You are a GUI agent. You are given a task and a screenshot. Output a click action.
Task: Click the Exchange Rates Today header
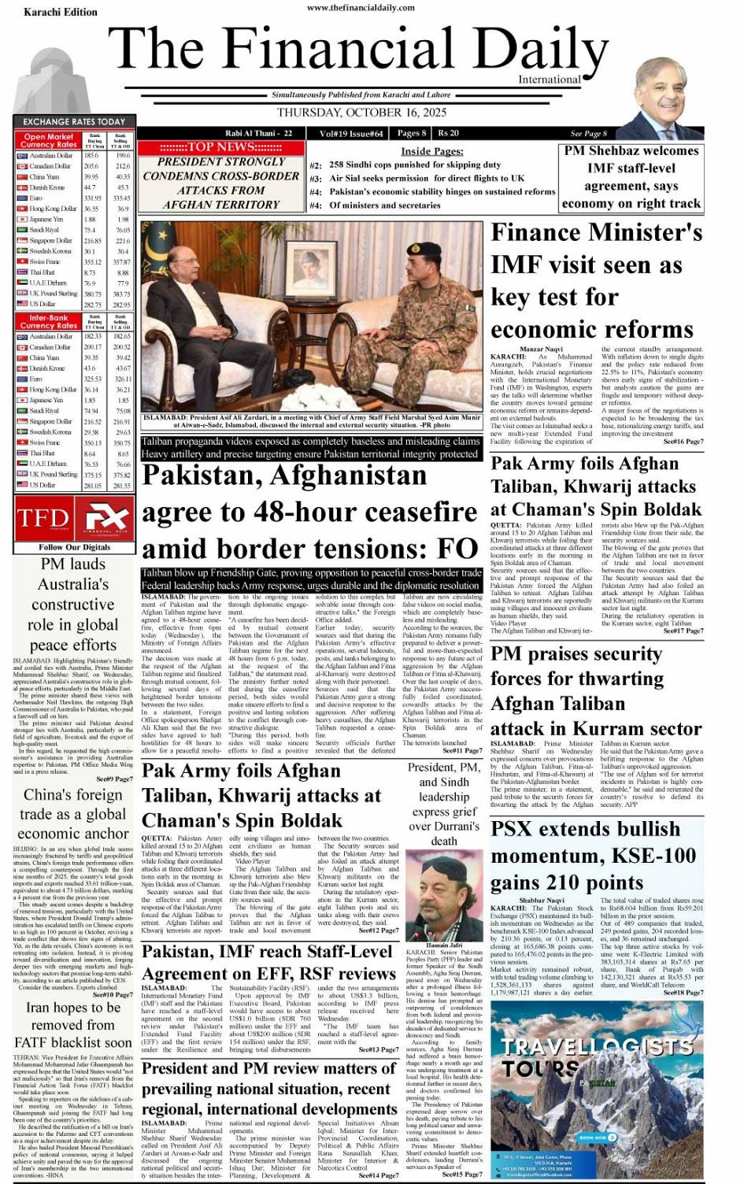(74, 121)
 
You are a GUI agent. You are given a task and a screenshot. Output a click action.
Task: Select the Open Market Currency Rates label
(49, 141)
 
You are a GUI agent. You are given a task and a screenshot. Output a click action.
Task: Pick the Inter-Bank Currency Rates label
(49, 322)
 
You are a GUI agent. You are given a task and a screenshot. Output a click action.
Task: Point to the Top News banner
(220, 147)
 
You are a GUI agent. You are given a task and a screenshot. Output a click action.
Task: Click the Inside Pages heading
(431, 151)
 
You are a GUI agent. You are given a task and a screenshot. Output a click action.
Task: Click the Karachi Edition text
(61, 12)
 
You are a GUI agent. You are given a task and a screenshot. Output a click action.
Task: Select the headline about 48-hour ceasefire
(309, 512)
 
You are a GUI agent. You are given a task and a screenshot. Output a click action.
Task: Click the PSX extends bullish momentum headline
(596, 856)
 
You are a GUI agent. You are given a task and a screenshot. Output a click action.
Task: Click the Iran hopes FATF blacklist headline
(73, 1024)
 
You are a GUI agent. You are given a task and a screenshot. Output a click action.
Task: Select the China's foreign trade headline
(73, 814)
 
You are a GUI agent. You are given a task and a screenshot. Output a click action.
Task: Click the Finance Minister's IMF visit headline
(596, 281)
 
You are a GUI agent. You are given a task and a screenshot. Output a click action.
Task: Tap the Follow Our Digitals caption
(74, 547)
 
